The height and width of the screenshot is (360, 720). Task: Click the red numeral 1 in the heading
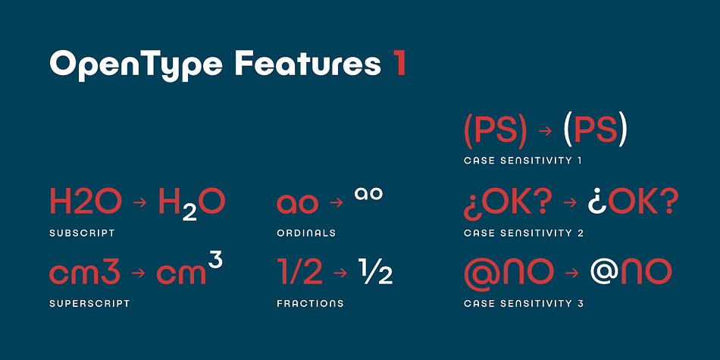pyautogui.click(x=399, y=64)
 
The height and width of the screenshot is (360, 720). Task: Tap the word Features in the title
pyautogui.click(x=308, y=64)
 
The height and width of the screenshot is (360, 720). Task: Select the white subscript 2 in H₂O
pyautogui.click(x=189, y=211)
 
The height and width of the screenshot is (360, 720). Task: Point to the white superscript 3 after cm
pyautogui.click(x=215, y=261)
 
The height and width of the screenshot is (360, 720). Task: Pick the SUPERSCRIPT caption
pyautogui.click(x=89, y=303)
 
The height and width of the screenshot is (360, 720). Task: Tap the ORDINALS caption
pyautogui.click(x=305, y=233)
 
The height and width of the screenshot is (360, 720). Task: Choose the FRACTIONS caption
pyautogui.click(x=309, y=303)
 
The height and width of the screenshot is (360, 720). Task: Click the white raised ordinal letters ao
pyautogui.click(x=369, y=194)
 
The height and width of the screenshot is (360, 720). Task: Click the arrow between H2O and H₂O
pyautogui.click(x=139, y=203)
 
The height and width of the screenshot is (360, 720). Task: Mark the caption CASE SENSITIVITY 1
pyautogui.click(x=523, y=161)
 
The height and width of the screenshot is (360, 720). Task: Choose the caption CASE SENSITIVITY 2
pyautogui.click(x=524, y=233)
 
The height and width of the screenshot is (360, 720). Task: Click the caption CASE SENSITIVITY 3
pyautogui.click(x=524, y=303)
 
